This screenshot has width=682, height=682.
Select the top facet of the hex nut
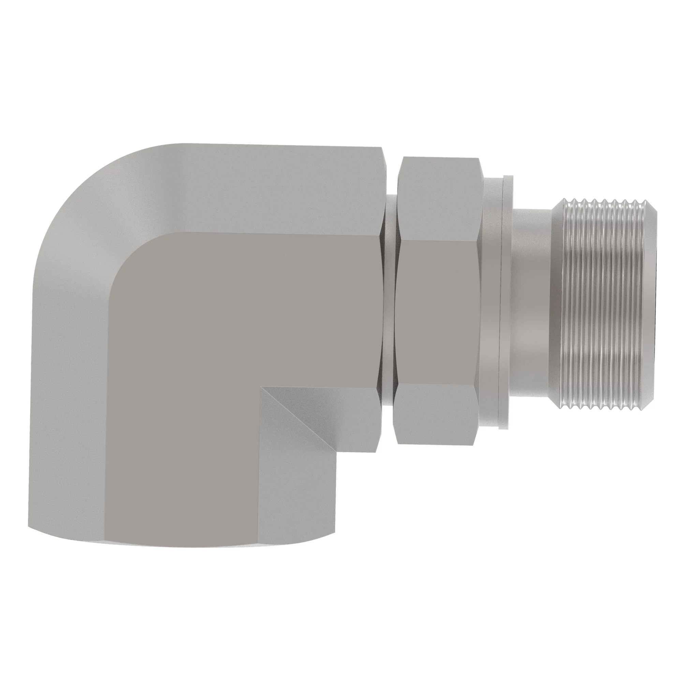(440, 198)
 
